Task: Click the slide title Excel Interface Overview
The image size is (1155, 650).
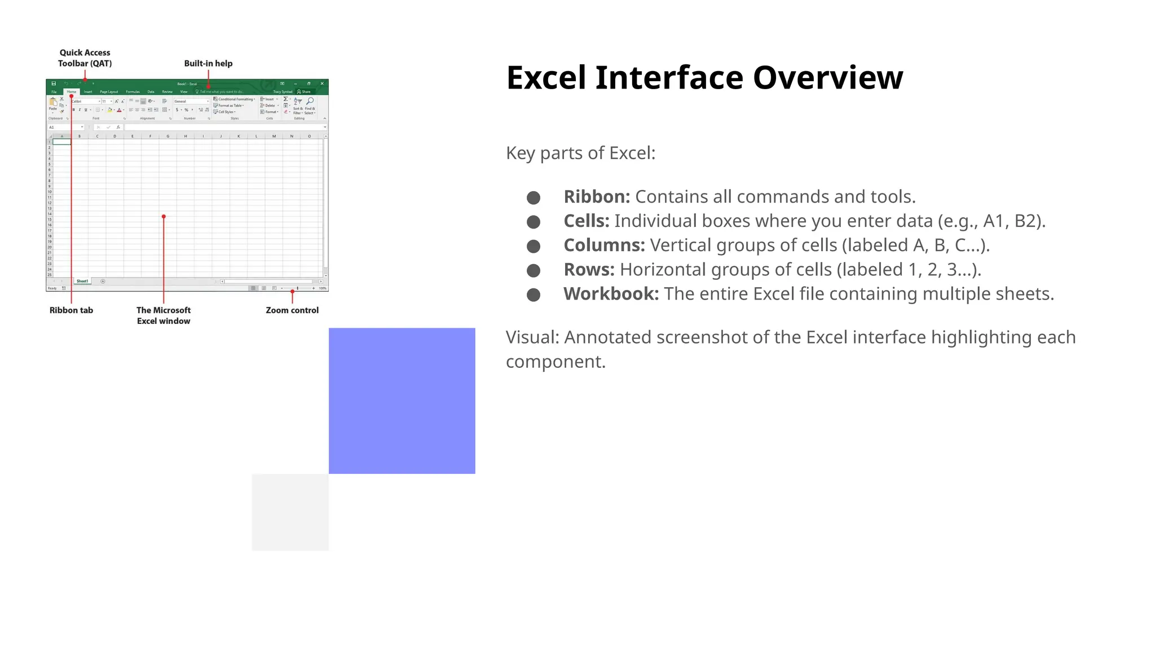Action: click(x=704, y=78)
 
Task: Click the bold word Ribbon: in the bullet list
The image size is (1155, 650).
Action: click(x=597, y=197)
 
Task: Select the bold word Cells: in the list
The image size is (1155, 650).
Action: click(x=586, y=221)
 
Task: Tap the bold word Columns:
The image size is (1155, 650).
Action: click(x=603, y=245)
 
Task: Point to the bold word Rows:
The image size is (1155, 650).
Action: click(x=589, y=270)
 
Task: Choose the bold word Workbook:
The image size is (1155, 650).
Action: click(x=611, y=294)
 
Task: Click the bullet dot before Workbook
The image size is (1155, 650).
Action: click(x=533, y=295)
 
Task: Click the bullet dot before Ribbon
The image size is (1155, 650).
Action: click(x=533, y=198)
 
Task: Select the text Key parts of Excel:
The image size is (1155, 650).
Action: click(x=580, y=153)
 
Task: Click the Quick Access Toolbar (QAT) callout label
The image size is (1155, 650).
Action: click(x=85, y=58)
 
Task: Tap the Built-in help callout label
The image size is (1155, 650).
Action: click(x=208, y=63)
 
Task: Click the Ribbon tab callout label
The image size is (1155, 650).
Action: click(x=71, y=310)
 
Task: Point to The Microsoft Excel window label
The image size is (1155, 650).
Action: click(x=164, y=315)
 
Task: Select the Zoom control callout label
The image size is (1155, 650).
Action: click(x=292, y=310)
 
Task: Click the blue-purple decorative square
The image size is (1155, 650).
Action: click(x=402, y=401)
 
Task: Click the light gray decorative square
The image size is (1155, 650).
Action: click(x=290, y=512)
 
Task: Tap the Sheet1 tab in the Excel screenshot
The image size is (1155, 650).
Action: click(x=82, y=281)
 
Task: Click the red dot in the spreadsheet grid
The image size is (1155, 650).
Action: click(x=164, y=217)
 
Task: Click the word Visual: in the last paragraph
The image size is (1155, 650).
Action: click(x=532, y=337)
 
